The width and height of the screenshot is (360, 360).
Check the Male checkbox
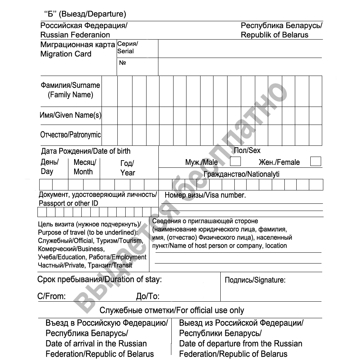235,161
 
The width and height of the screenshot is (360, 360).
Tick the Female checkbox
315,161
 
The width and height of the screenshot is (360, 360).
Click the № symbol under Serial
122,63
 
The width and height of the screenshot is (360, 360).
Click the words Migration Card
66,54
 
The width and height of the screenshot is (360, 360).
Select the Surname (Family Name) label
71,90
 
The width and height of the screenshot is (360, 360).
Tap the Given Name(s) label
70,116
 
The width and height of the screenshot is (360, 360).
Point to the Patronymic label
71,135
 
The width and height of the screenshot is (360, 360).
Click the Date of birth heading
86,151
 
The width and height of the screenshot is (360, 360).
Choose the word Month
83,172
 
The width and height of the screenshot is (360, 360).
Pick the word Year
128,173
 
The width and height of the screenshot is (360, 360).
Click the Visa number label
205,195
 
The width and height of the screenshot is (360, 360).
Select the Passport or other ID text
68,203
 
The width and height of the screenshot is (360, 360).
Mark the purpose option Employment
128,257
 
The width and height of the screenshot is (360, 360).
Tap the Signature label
255,280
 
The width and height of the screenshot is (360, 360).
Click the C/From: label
51,296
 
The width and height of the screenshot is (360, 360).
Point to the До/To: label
148,296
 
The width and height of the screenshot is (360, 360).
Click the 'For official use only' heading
172,310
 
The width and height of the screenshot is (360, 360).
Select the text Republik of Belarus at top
274,35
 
